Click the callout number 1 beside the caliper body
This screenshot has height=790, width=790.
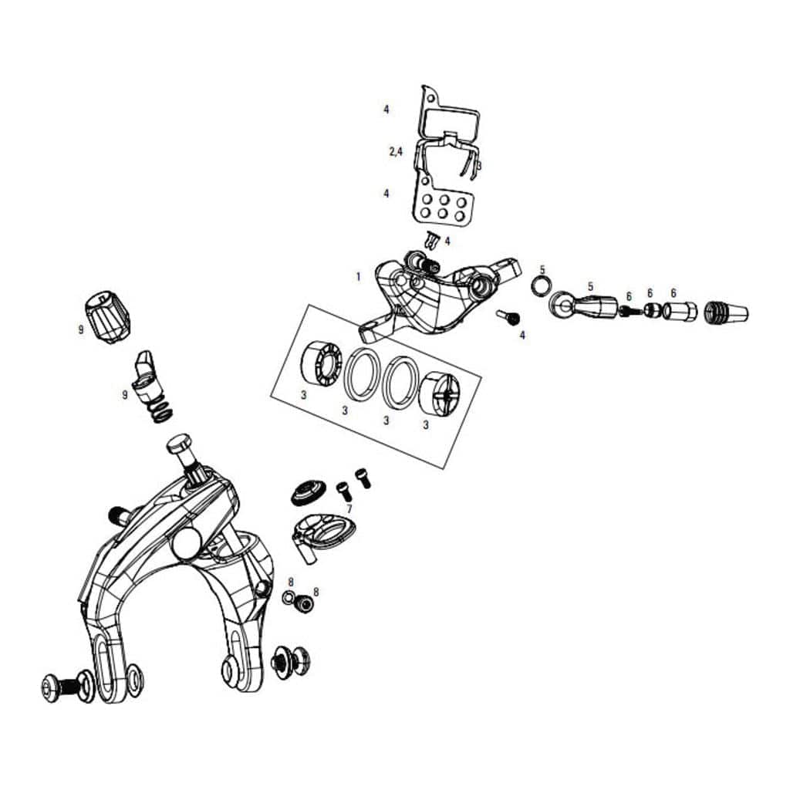click(358, 277)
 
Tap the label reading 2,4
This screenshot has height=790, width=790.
click(396, 151)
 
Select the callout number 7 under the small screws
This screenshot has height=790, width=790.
click(349, 509)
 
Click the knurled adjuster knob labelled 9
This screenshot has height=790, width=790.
click(109, 317)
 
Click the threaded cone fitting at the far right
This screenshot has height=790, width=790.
click(726, 312)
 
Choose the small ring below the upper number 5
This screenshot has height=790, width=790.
click(541, 287)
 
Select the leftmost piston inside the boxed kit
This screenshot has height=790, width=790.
click(320, 365)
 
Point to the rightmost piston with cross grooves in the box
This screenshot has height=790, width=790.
click(439, 393)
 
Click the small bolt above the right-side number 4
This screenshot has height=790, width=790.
click(508, 316)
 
